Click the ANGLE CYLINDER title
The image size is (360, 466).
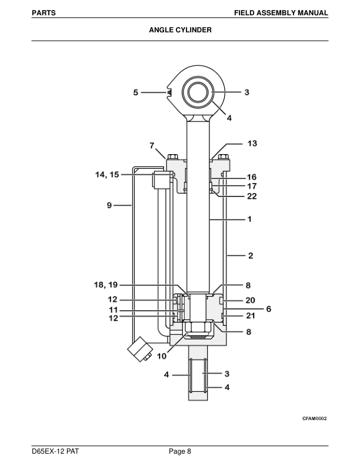(180, 29)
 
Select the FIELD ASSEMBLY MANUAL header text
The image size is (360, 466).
(281, 12)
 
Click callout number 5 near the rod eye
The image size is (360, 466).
(135, 92)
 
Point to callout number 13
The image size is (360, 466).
(252, 143)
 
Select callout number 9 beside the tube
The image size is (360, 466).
(110, 205)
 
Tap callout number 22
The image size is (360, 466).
(251, 195)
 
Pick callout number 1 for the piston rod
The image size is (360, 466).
(249, 219)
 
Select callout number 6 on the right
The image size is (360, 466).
(268, 308)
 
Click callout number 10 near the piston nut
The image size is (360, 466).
(161, 356)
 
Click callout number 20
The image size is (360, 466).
(251, 300)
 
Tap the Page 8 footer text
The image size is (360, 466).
(180, 451)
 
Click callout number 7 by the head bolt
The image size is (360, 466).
(151, 145)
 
